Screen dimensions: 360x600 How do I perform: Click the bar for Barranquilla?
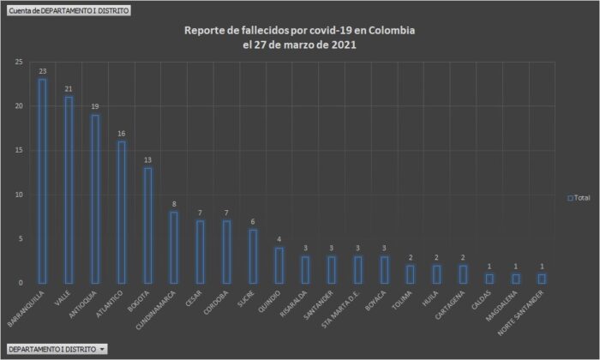click(42, 181)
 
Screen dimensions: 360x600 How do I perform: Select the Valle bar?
click(69, 189)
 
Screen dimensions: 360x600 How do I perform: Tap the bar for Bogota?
click(147, 225)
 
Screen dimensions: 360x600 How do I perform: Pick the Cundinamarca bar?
click(174, 247)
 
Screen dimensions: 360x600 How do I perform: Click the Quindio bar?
click(279, 265)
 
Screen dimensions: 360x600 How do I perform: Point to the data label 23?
click(42, 71)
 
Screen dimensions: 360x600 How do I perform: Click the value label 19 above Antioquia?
click(95, 106)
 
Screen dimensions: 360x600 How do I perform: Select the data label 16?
click(121, 133)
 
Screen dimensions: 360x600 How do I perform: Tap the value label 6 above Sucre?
click(253, 221)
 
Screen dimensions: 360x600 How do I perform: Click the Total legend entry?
click(579, 198)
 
